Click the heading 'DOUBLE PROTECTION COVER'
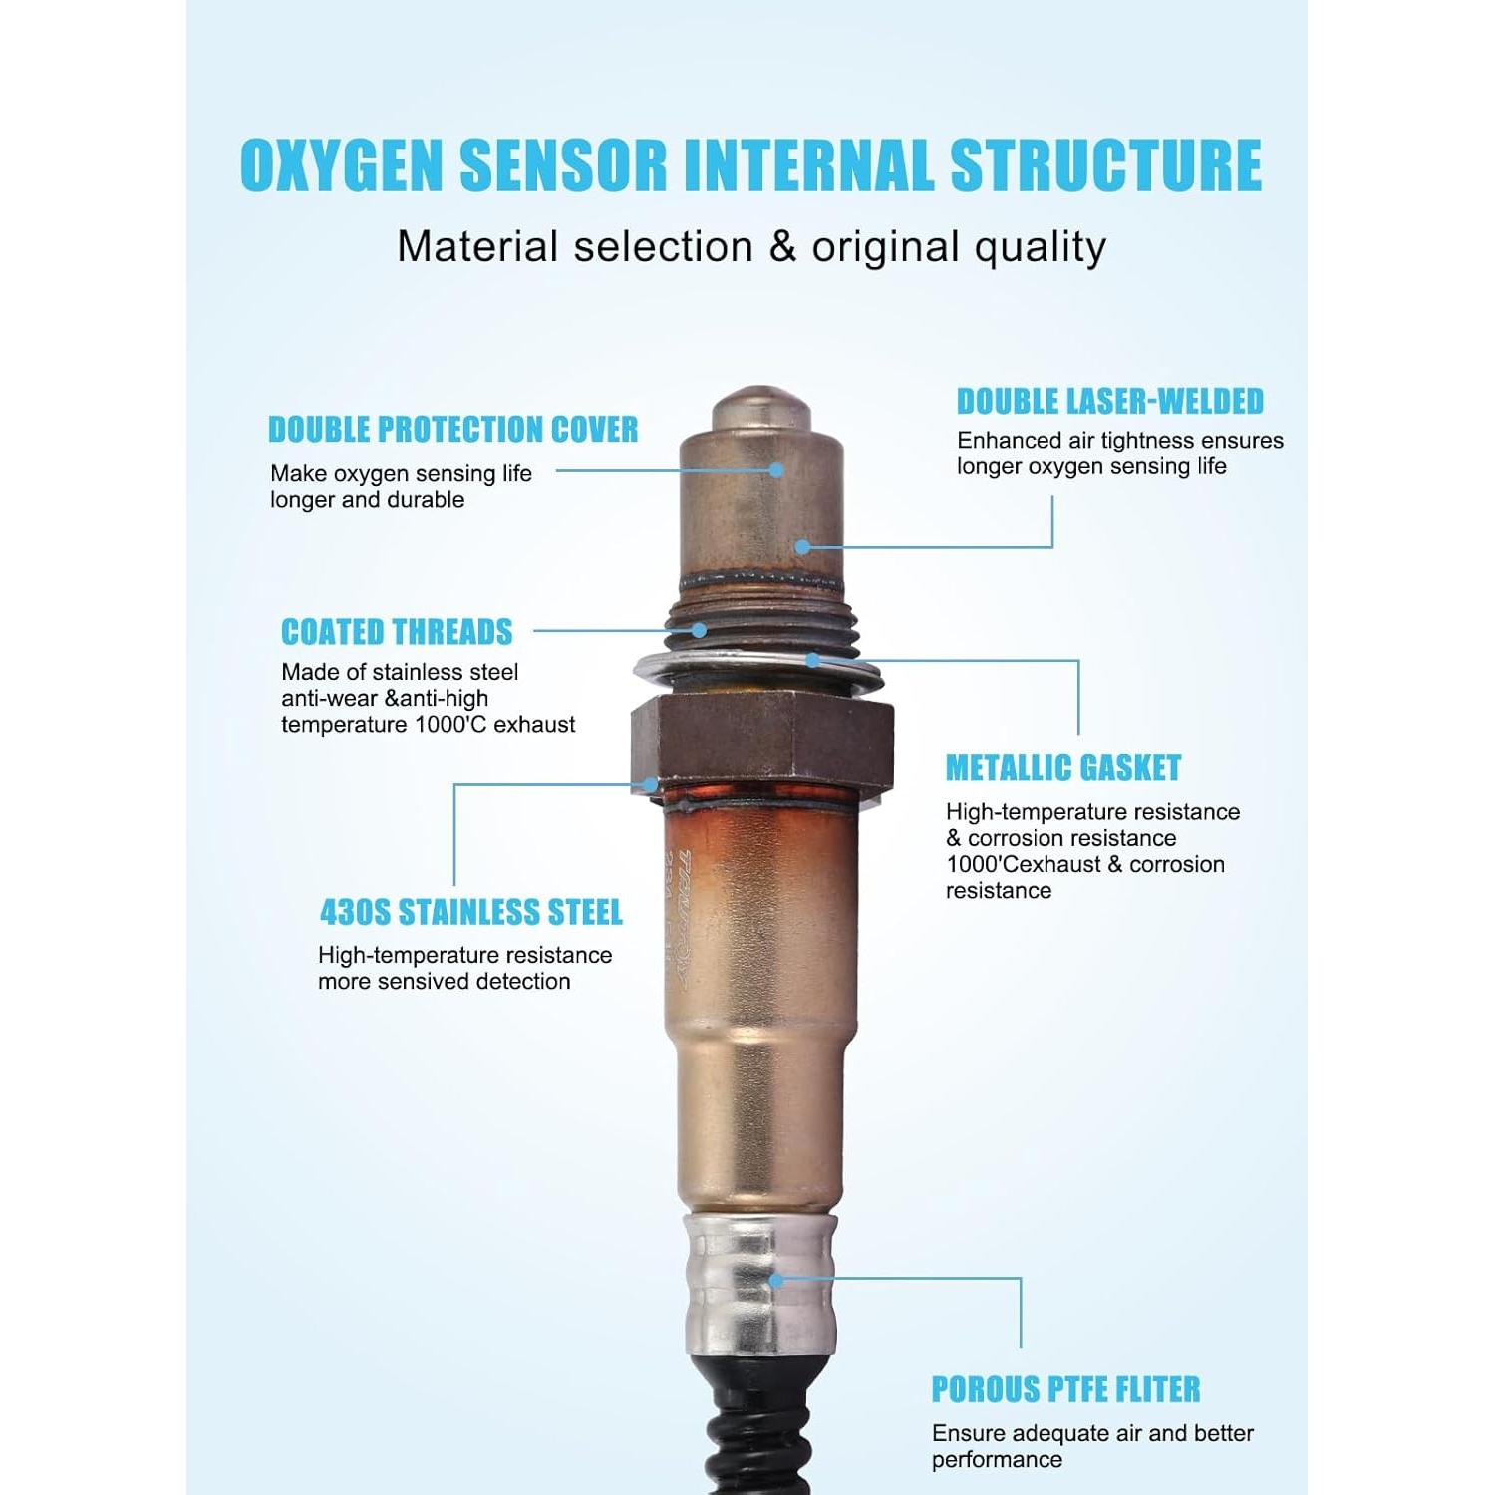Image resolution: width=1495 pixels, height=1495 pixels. point(452,430)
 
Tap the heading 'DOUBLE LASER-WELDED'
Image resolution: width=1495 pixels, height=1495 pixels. point(1109,402)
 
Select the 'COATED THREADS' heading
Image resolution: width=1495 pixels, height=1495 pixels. point(397,632)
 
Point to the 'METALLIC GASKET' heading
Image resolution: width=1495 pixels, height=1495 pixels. point(1062,768)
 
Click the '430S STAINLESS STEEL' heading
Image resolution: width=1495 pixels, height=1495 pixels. point(470,912)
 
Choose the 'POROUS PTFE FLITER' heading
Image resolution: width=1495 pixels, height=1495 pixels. point(1065,1389)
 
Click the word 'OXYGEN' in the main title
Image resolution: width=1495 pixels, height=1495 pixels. point(341,165)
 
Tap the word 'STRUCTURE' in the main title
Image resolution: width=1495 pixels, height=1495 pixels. point(1105,165)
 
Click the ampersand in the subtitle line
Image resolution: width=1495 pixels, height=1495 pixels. point(782,247)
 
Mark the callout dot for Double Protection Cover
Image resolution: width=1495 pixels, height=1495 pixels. point(776,470)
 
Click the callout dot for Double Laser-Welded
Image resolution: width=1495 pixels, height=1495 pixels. point(802,546)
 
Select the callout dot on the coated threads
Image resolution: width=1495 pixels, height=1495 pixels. point(700,630)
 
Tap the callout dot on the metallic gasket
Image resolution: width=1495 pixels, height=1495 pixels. point(813,660)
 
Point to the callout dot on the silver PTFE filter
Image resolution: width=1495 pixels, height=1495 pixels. point(775,1280)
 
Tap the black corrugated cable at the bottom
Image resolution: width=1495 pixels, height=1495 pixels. point(757,1435)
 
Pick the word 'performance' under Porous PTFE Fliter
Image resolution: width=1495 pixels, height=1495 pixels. point(997,1460)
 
